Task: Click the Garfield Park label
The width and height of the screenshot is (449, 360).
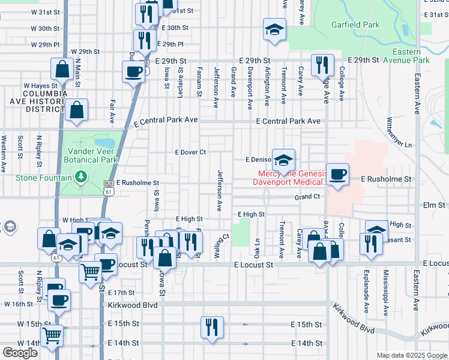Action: (x=355, y=25)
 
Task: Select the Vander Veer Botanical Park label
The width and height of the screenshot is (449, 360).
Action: (x=92, y=156)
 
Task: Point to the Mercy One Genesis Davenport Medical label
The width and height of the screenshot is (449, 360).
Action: (x=289, y=178)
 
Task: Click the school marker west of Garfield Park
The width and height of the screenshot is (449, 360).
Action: (x=274, y=30)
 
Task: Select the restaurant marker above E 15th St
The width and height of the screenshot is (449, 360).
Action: (x=212, y=328)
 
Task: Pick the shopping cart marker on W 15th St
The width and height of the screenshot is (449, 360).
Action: (x=52, y=336)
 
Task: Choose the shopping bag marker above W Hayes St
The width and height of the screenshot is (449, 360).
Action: (x=62, y=70)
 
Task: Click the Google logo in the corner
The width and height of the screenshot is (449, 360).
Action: (x=20, y=353)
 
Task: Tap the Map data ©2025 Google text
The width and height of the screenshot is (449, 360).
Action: (x=412, y=355)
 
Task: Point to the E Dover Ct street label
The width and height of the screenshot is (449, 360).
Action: (x=190, y=152)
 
